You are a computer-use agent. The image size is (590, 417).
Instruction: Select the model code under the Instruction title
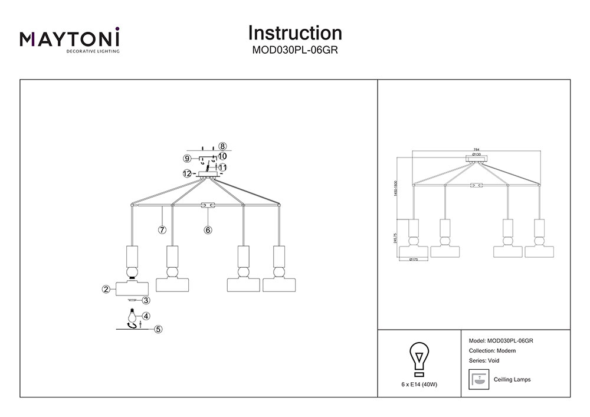pyautogui.click(x=295, y=50)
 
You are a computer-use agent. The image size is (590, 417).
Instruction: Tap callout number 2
pyautogui.click(x=106, y=289)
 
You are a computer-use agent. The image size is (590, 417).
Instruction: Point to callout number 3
pyautogui.click(x=146, y=300)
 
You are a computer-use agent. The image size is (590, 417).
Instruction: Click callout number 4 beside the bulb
pyautogui.click(x=146, y=316)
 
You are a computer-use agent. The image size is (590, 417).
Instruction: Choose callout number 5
pyautogui.click(x=158, y=329)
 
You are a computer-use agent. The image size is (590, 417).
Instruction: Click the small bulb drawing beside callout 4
pyautogui.click(x=133, y=315)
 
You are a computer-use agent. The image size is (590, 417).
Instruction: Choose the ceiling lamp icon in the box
pyautogui.click(x=479, y=379)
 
